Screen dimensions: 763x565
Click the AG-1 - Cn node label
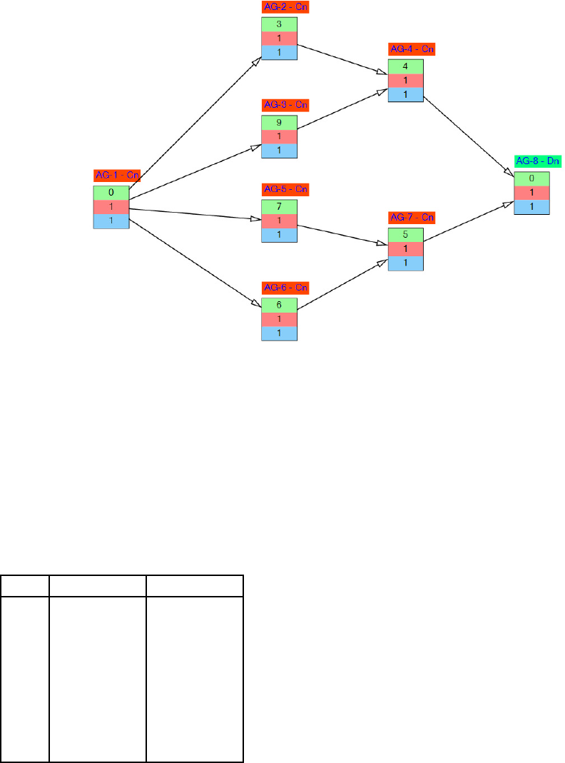[116, 175]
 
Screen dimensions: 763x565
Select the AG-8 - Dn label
[538, 161]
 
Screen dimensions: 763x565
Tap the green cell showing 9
[279, 121]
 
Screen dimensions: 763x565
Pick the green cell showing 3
[279, 24]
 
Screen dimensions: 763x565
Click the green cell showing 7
[279, 206]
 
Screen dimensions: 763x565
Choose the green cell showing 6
[279, 304]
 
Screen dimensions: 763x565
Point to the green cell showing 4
[406, 66]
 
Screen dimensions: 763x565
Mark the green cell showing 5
[406, 235]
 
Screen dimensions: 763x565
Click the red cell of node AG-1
[111, 207]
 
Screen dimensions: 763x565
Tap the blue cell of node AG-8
[532, 207]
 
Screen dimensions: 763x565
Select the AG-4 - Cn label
[412, 49]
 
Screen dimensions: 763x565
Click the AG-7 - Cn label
[412, 217]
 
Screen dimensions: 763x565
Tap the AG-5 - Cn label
[285, 189]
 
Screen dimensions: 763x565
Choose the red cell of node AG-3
[279, 136]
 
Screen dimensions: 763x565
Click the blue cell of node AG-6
[279, 333]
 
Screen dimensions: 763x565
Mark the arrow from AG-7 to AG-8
[468, 223]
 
